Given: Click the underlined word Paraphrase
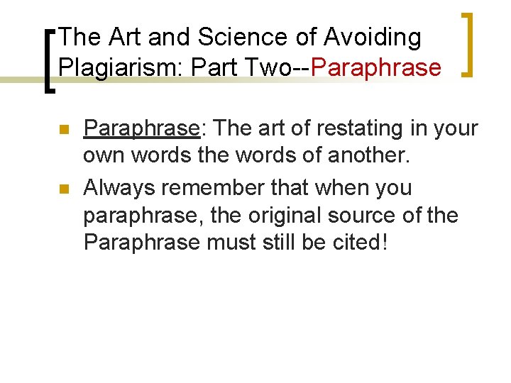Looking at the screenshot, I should tap(141, 128).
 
